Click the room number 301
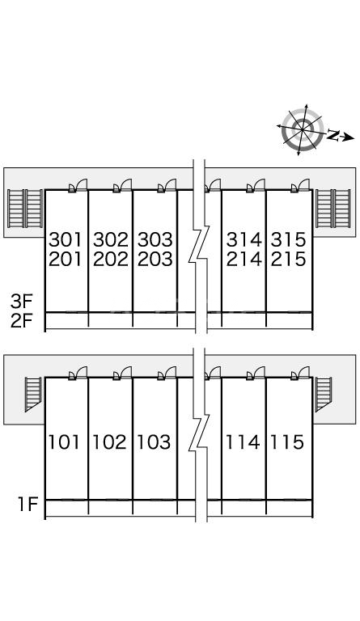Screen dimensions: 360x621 coord(66,239)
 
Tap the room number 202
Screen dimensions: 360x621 coord(111,259)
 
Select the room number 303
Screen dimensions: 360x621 coord(155,239)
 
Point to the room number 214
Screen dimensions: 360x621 coord(244,259)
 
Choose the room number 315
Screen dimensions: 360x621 coord(288,239)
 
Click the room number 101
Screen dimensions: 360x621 coord(65,442)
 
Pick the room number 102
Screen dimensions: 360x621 coord(109,442)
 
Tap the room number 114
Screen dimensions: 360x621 coord(243,442)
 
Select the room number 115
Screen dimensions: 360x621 coord(286,442)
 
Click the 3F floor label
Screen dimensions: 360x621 coord(21,302)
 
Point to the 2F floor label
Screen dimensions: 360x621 coord(21,321)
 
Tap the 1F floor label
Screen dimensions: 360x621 coord(28,505)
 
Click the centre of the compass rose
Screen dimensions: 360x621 coord(303,129)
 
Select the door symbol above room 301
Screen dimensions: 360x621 coord(78,186)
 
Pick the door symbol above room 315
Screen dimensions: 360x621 coord(300,186)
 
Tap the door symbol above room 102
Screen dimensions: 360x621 coord(122,374)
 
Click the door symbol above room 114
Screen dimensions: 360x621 coord(256,374)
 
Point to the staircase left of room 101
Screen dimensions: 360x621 coord(33,393)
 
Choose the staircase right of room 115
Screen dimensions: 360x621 coord(323,393)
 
